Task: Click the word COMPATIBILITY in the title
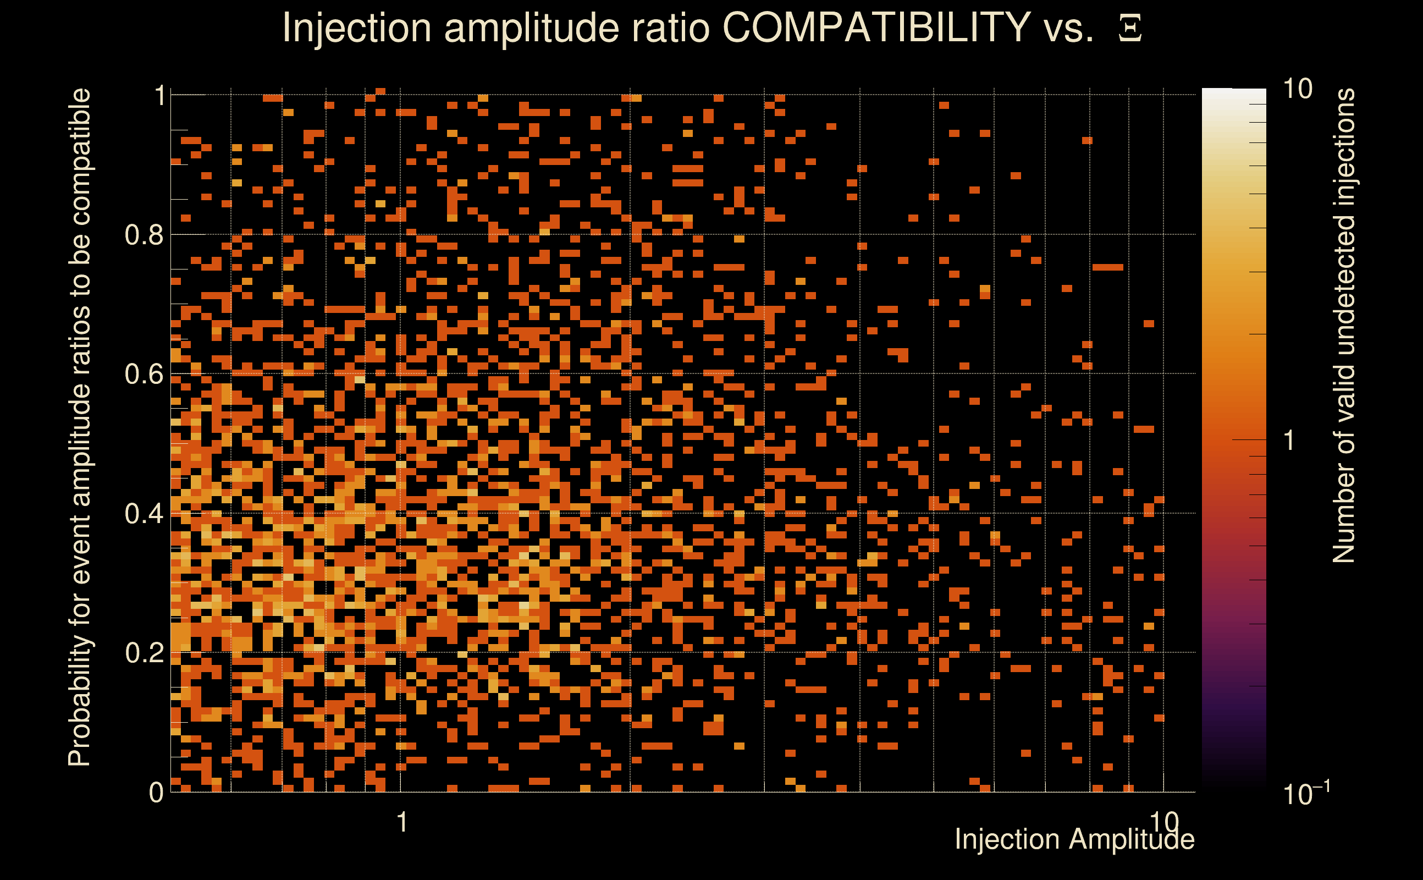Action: coord(876,28)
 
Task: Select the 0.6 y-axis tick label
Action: coord(144,373)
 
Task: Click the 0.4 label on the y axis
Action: coord(144,513)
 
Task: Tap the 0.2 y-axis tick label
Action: coord(144,652)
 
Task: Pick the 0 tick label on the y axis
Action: coord(156,792)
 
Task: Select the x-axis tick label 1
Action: coord(401,822)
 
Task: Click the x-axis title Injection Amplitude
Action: coord(1074,839)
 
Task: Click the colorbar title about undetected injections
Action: coord(1343,326)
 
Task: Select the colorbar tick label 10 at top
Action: coord(1297,89)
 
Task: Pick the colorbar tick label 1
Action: coord(1290,441)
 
